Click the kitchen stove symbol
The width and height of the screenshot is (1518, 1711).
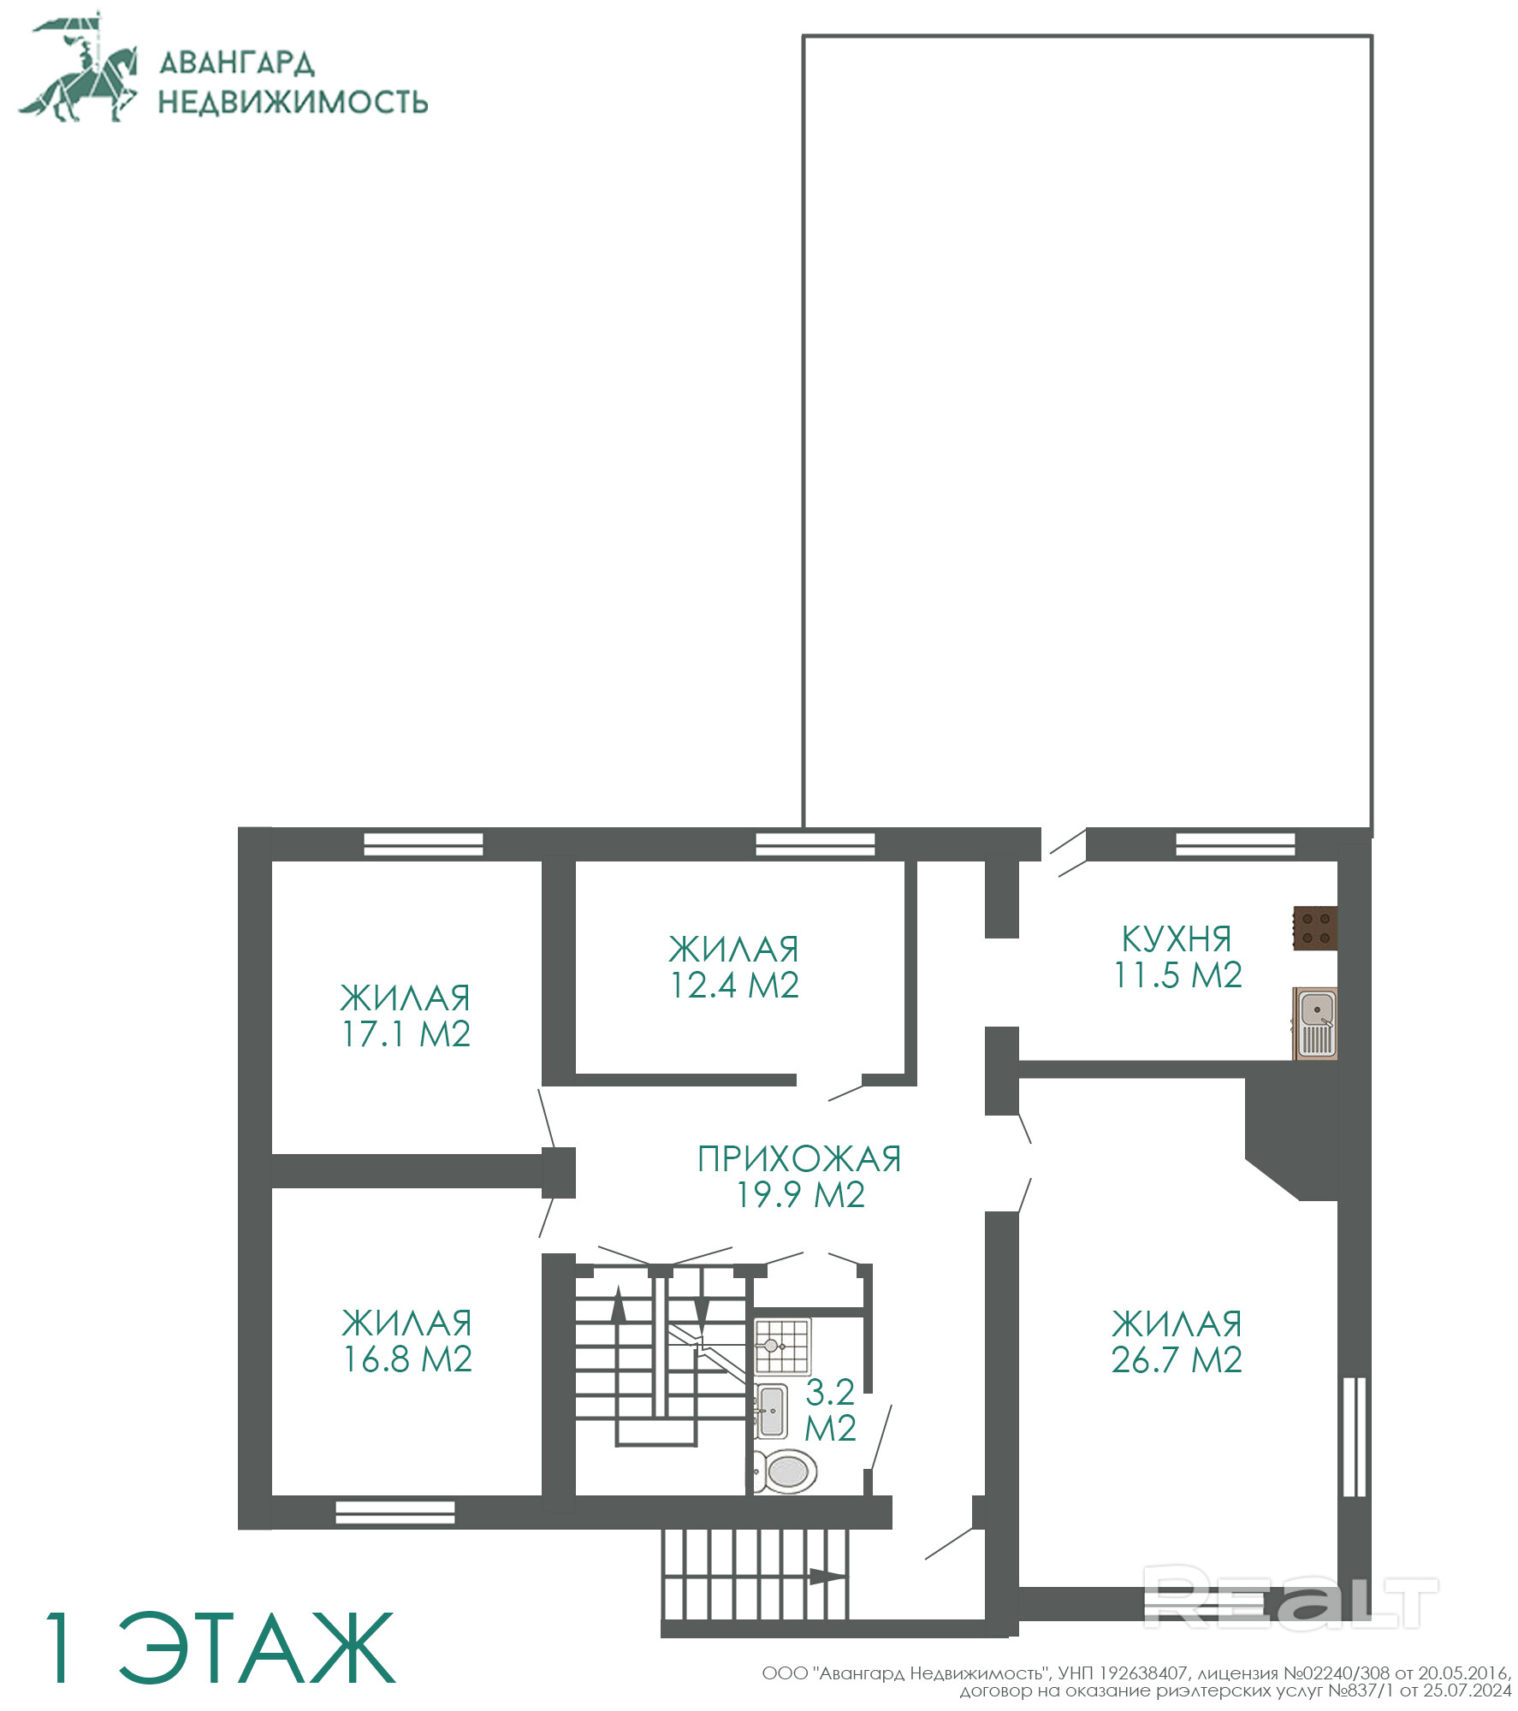1314,928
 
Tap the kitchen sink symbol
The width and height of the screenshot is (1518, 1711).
1315,1023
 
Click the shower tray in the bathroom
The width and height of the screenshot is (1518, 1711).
782,1347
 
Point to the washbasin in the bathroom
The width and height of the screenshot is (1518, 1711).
771,1411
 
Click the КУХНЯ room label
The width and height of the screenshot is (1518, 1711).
1177,939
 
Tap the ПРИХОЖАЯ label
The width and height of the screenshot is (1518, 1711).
800,1159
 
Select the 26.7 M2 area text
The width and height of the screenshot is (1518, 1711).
1177,1360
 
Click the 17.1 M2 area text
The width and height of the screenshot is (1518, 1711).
406,1034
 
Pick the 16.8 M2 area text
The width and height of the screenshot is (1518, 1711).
408,1359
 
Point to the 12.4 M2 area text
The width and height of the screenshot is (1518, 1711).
735,986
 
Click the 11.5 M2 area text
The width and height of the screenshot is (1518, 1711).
1177,975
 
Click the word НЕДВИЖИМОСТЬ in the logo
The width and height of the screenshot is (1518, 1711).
293,102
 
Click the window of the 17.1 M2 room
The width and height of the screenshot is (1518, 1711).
424,844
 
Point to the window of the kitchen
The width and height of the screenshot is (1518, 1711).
1236,844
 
